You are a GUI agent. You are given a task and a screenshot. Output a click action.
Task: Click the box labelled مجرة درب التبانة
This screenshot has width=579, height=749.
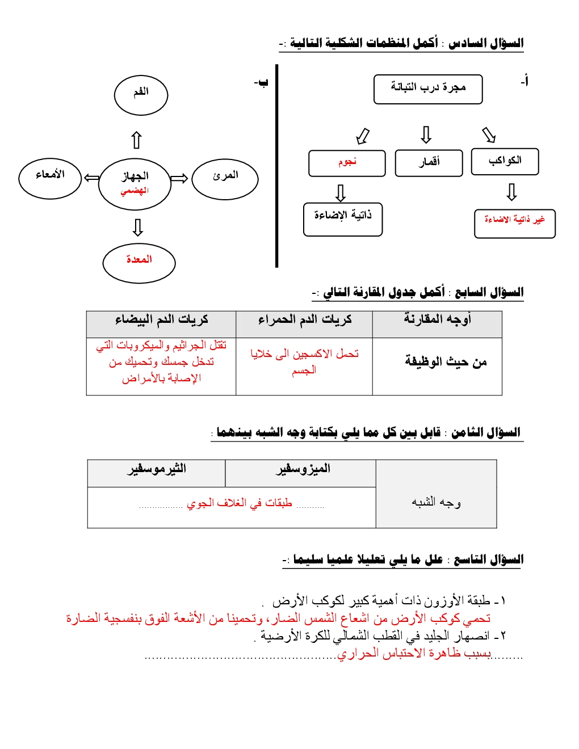point(428,89)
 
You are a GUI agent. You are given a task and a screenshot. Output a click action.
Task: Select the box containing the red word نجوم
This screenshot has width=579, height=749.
point(347,163)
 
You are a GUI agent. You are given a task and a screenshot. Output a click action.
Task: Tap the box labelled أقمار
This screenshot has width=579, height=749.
point(429,163)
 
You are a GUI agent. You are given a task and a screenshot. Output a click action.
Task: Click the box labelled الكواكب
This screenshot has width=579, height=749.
point(505,162)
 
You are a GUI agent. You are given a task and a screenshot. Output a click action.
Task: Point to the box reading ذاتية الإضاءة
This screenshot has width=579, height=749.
point(343,219)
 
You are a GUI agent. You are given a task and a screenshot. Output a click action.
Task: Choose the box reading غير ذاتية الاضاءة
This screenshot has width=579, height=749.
point(514,224)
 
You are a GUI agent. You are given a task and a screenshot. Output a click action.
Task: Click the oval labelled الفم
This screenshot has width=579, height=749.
point(141,95)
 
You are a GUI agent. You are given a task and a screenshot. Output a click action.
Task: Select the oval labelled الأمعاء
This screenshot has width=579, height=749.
point(50,178)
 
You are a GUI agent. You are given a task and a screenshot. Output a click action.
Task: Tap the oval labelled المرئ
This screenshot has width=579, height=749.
point(225,179)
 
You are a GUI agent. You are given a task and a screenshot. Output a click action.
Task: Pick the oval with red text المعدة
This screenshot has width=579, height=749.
point(139,263)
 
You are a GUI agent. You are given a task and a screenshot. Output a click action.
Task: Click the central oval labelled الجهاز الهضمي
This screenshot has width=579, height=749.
point(135,184)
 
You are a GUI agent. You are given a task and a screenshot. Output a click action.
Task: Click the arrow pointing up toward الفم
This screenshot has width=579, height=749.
point(136,140)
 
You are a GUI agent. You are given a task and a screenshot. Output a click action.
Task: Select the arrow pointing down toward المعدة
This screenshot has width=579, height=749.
point(137,227)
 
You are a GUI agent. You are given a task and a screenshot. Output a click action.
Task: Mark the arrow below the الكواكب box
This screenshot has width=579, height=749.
point(511,192)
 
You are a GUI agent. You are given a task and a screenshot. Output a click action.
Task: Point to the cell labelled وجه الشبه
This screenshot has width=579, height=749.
point(436,502)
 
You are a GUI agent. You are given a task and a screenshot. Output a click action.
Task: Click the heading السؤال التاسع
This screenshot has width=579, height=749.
point(488,559)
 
